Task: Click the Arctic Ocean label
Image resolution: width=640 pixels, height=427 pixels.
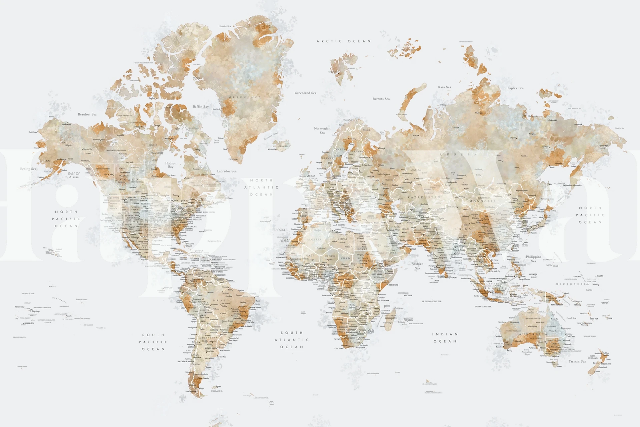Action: pyautogui.click(x=344, y=41)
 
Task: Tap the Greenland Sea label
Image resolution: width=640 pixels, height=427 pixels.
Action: pyautogui.click(x=305, y=93)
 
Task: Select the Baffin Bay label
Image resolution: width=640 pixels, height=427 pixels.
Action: pyautogui.click(x=201, y=107)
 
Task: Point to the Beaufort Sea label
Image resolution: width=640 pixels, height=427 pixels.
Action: pyautogui.click(x=87, y=114)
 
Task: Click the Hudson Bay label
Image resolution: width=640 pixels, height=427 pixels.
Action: pyautogui.click(x=171, y=165)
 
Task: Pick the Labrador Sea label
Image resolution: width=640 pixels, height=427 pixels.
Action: pyautogui.click(x=227, y=171)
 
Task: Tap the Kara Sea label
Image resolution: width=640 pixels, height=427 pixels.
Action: pyautogui.click(x=444, y=87)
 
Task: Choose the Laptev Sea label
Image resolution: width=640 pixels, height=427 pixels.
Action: pyautogui.click(x=515, y=88)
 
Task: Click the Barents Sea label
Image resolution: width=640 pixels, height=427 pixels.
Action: pyautogui.click(x=381, y=99)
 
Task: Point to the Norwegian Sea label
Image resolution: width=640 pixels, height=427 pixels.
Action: pyautogui.click(x=322, y=130)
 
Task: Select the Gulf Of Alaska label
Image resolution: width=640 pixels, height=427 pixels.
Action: pyautogui.click(x=74, y=175)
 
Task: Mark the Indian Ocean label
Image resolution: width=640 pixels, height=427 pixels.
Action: pyautogui.click(x=445, y=338)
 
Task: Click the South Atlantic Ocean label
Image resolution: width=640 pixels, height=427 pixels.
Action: pyautogui.click(x=292, y=340)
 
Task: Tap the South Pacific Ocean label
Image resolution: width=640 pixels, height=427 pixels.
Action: pyautogui.click(x=153, y=342)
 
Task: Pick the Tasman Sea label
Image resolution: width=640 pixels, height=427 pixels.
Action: pyautogui.click(x=577, y=361)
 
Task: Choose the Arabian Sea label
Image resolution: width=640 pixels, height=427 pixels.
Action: pyautogui.click(x=417, y=266)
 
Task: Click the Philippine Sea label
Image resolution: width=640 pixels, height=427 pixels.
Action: pyautogui.click(x=534, y=259)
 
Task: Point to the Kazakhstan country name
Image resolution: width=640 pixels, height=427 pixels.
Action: pyautogui.click(x=424, y=197)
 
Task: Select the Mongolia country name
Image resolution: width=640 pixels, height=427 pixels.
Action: pyautogui.click(x=483, y=201)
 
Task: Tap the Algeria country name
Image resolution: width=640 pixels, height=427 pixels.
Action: pyautogui.click(x=314, y=239)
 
